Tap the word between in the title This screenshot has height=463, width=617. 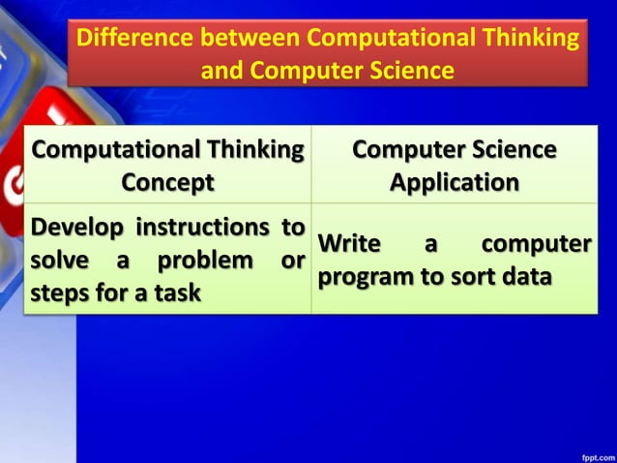251,40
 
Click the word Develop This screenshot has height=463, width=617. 77,228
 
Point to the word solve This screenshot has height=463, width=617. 60,261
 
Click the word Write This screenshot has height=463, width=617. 350,244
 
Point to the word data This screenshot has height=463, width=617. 526,277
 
